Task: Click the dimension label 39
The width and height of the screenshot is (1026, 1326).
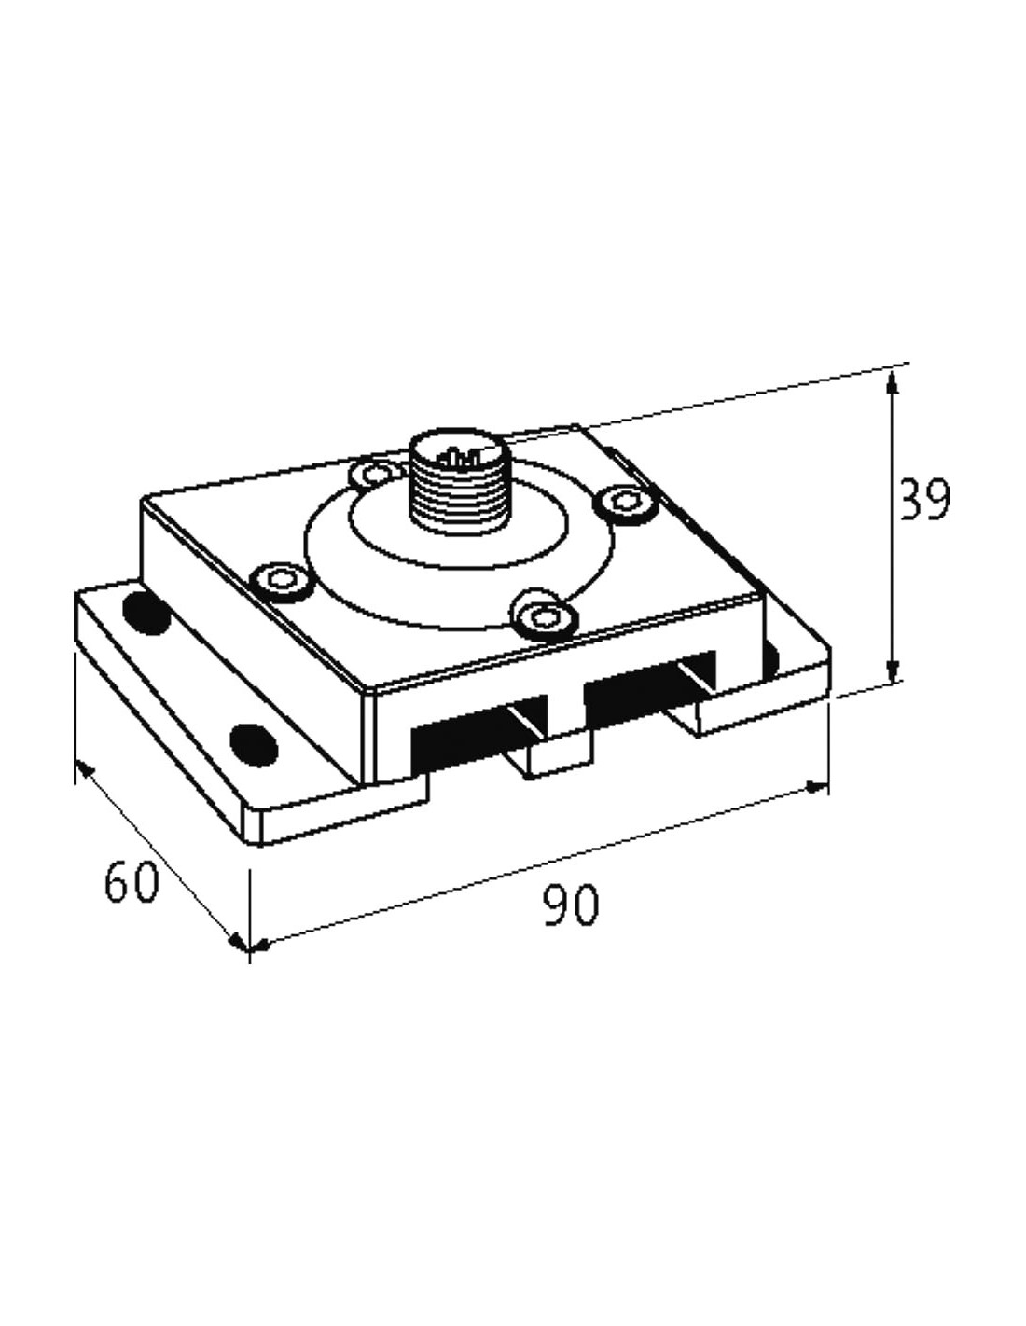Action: (925, 499)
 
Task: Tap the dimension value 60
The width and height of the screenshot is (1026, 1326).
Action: (132, 881)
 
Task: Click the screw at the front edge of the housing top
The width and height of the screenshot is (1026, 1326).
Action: (544, 617)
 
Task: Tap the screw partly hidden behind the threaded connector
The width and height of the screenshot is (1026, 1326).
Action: (374, 472)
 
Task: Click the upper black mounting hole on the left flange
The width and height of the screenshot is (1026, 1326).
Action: (146, 612)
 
